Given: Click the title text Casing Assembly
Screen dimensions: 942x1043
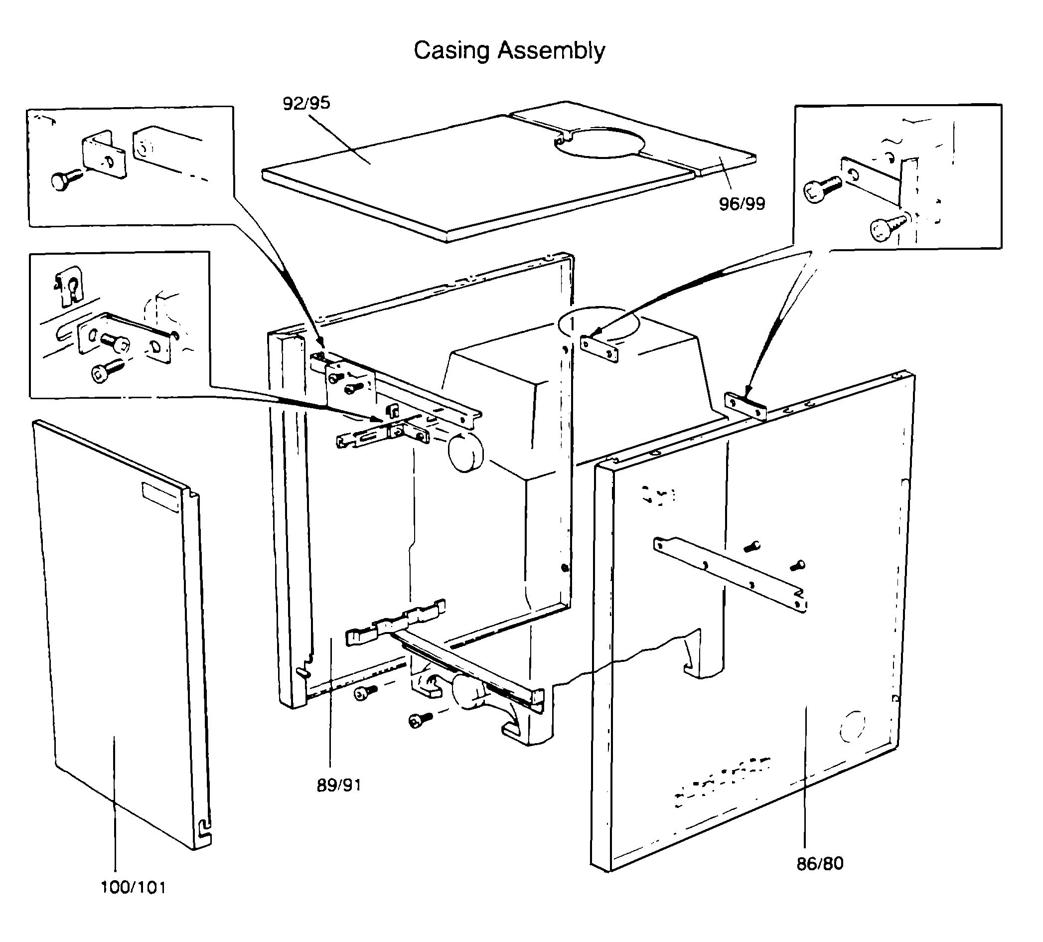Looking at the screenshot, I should tap(509, 51).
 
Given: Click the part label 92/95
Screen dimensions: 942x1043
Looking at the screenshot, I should tap(306, 103).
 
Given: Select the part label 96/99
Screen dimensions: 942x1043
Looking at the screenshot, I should tap(742, 203).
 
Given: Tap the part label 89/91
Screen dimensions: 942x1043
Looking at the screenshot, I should tap(339, 785).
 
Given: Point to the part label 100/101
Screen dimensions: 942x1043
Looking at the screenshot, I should tap(133, 888).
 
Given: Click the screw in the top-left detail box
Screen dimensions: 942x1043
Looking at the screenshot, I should tap(66, 178).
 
